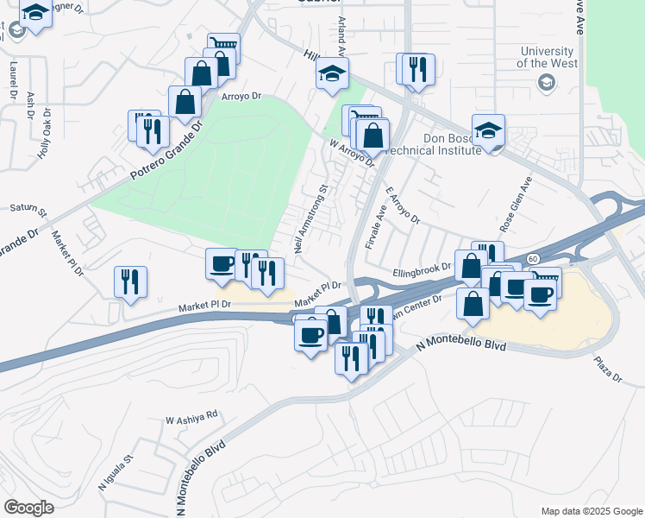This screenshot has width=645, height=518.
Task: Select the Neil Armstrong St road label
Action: [312, 218]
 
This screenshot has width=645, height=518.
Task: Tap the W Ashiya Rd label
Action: [192, 415]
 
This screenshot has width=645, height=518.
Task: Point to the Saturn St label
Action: [28, 208]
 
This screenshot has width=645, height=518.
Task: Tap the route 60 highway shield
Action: [532, 259]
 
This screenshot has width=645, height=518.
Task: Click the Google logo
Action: [28, 508]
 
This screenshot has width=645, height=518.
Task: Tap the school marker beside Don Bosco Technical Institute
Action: [488, 132]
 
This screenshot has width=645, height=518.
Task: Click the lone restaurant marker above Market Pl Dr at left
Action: [130, 281]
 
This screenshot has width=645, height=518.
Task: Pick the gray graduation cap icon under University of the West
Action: [545, 82]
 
